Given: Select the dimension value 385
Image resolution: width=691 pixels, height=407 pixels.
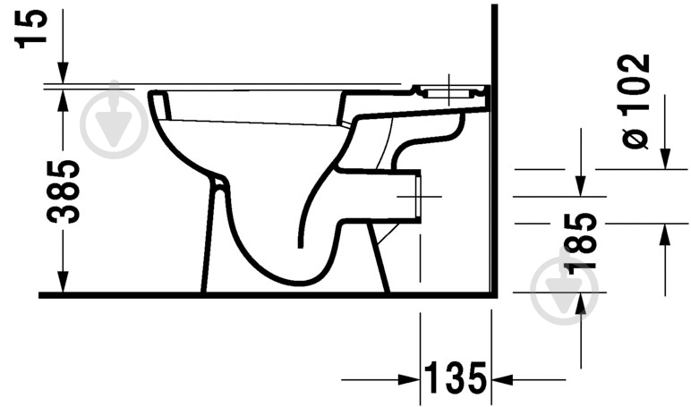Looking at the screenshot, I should pos(64,191).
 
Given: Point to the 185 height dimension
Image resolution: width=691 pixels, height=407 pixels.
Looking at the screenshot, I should pos(582,240).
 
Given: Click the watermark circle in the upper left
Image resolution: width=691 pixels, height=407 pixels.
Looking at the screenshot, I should pos(114,124).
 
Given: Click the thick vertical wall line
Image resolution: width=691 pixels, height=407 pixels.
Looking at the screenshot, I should pos(494,179).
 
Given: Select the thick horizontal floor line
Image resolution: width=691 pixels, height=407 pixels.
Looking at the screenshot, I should pos(269,294).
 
